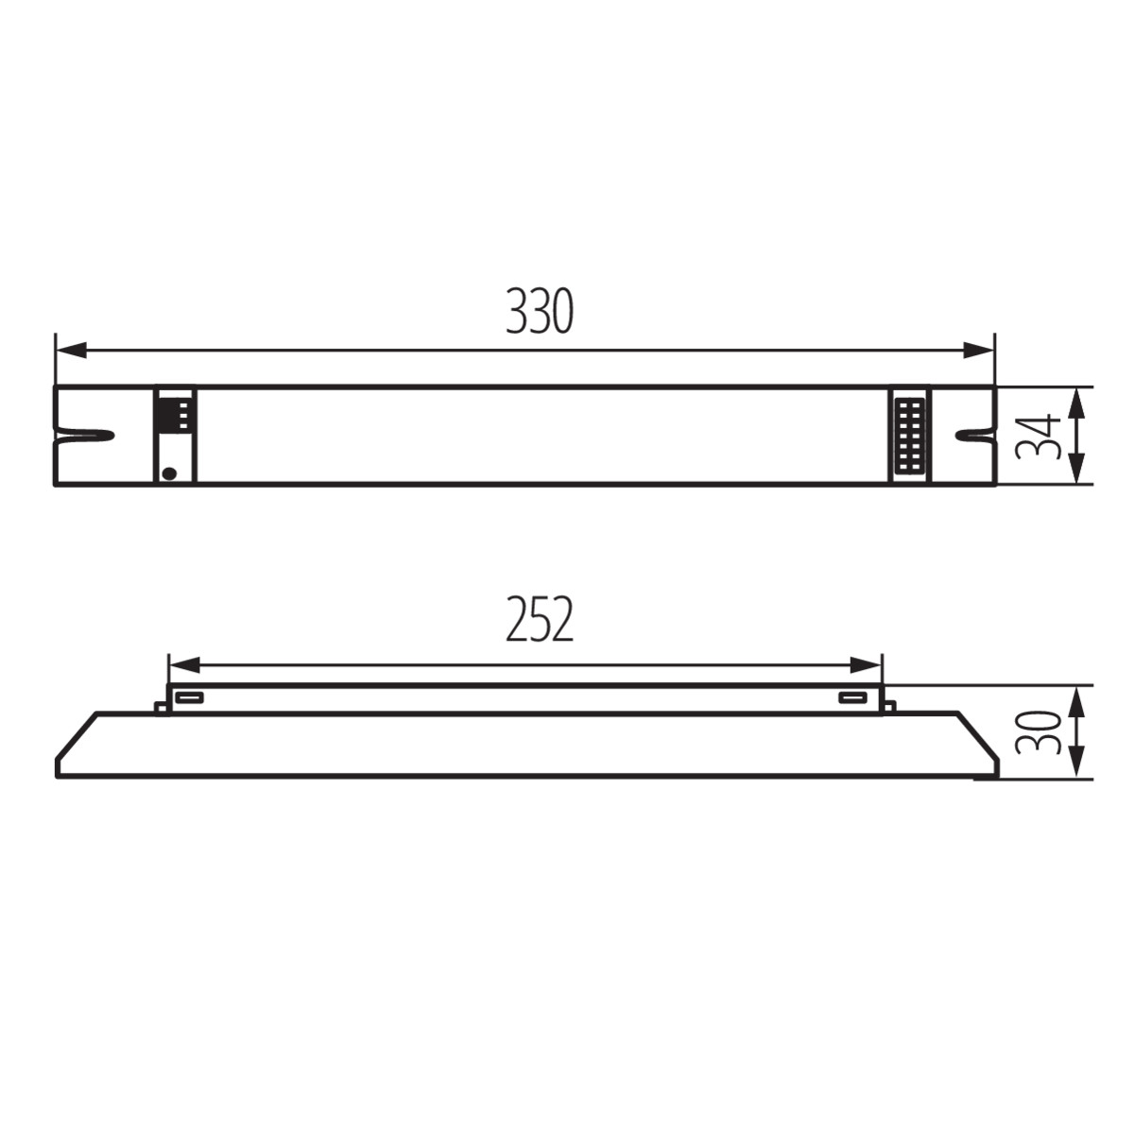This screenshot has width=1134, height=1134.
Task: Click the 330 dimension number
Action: (x=539, y=311)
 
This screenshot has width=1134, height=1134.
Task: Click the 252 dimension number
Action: (x=539, y=618)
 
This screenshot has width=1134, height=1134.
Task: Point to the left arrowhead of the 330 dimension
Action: (x=71, y=351)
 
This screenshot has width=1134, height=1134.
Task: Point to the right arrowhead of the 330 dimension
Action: (x=979, y=351)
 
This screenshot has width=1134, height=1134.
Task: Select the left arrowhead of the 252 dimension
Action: (x=184, y=665)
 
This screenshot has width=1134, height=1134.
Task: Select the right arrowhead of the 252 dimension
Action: (x=867, y=665)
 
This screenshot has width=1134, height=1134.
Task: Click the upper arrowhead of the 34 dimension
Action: (x=1075, y=403)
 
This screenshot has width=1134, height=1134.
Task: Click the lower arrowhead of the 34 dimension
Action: (x=1075, y=469)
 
